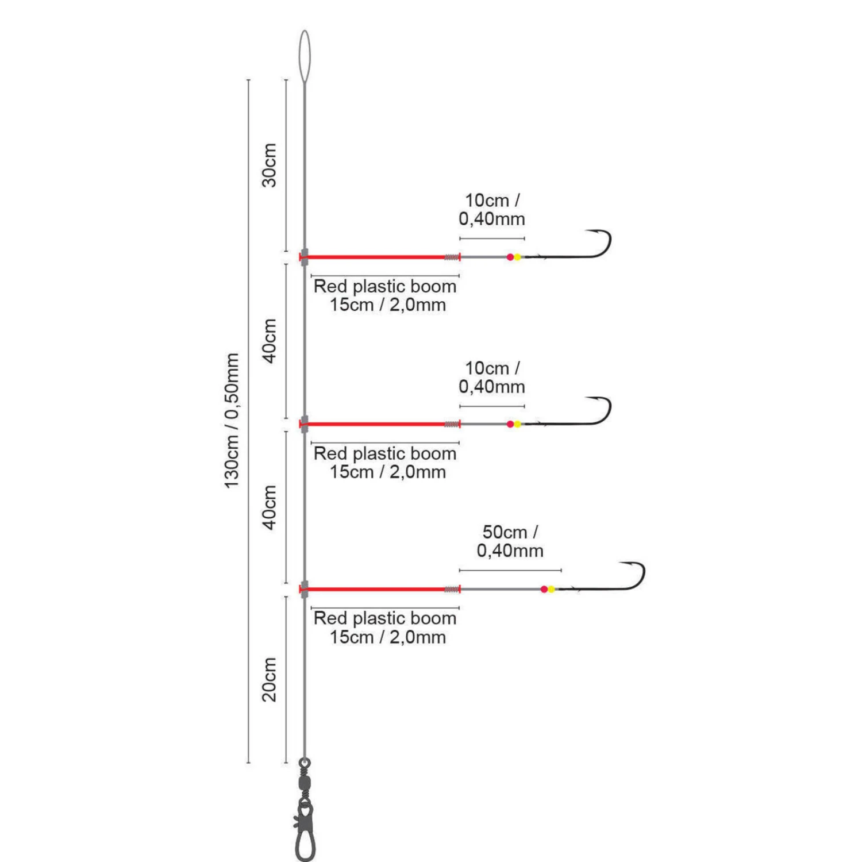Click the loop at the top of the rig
(x=305, y=56)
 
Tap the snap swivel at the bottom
(x=305, y=810)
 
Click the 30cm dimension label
(x=269, y=165)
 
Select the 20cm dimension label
(x=269, y=679)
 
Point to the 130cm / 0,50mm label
(x=231, y=421)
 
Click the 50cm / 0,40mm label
(x=510, y=541)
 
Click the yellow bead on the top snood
(x=517, y=257)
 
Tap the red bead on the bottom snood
(x=544, y=589)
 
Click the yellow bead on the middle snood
(x=517, y=424)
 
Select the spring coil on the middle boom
(x=452, y=424)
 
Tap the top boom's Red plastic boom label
(x=385, y=295)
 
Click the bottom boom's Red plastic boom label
(x=385, y=628)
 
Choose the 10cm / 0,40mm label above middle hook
(x=492, y=377)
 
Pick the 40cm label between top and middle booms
(x=269, y=341)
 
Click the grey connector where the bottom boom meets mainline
(x=305, y=589)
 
